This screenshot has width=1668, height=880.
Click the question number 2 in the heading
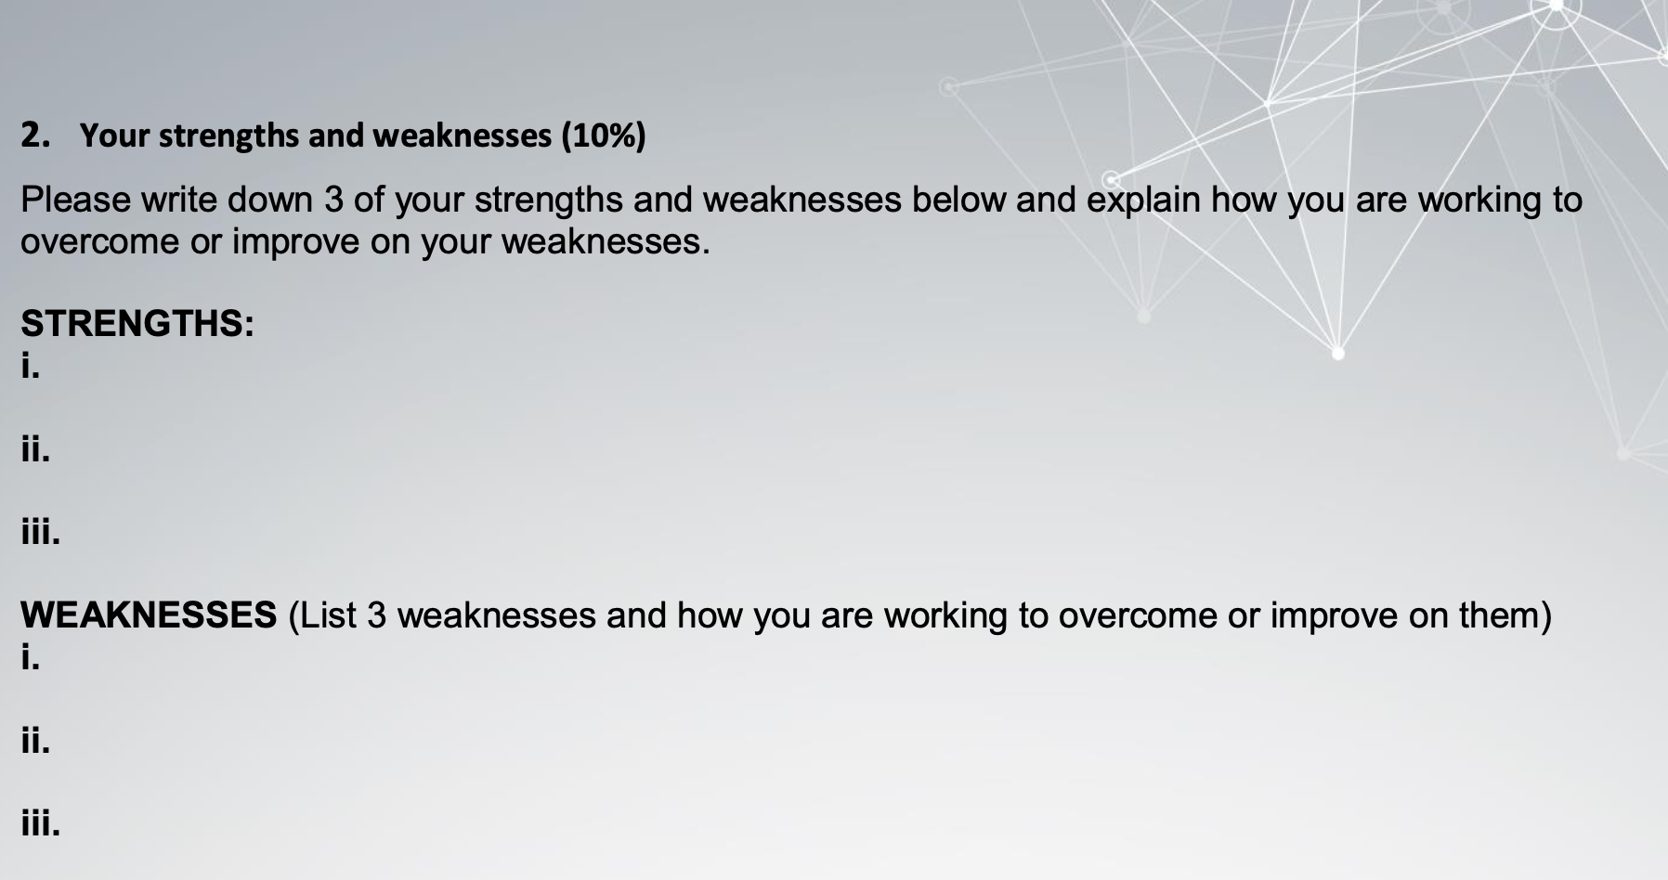click(x=33, y=136)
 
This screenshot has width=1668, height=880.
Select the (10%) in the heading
click(x=602, y=136)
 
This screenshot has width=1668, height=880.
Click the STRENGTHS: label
click(x=137, y=324)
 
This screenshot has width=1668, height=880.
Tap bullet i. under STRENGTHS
click(x=30, y=367)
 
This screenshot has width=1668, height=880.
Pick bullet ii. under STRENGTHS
click(x=34, y=450)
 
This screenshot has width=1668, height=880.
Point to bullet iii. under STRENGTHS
click(x=40, y=534)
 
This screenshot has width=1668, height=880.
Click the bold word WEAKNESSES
click(x=149, y=615)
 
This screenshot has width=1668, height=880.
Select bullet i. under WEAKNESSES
click(x=30, y=658)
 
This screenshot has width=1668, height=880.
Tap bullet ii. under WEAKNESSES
click(x=34, y=742)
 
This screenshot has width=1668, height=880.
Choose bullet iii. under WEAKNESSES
click(x=40, y=823)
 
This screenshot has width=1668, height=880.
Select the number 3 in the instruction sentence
click(x=333, y=201)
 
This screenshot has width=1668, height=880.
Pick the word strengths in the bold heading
click(x=228, y=136)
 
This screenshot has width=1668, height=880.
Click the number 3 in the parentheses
click(x=376, y=615)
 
